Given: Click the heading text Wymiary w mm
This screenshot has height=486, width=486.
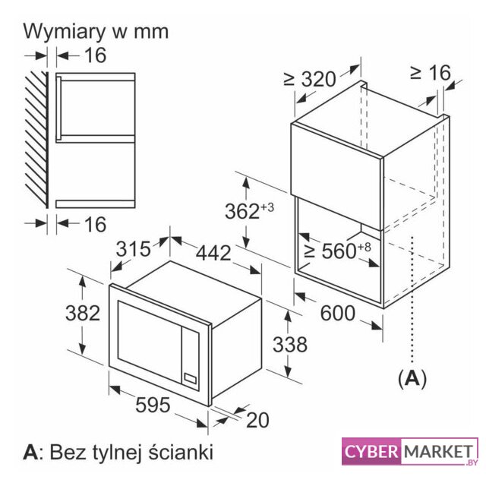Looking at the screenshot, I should point(96,31).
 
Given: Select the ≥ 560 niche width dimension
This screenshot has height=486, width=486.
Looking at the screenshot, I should point(330,251).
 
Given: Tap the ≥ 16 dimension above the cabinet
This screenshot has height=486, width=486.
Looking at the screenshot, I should point(430,72).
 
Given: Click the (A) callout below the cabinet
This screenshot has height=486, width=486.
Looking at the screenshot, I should point(411,377).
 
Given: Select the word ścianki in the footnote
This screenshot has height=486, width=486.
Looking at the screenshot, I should point(179,453).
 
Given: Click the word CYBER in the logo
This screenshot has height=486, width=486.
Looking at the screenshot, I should point(370,452).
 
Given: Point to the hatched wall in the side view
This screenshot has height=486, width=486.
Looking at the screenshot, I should point(37,139).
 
